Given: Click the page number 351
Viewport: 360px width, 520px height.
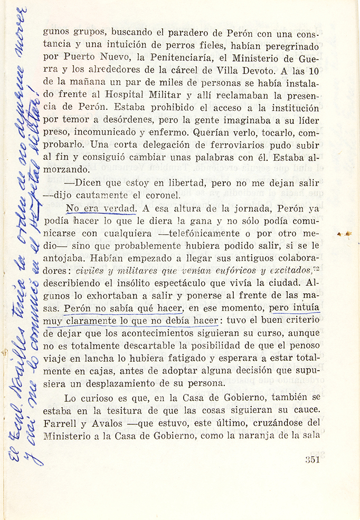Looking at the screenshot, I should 313,459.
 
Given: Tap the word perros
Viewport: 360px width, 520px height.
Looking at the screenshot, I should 186,45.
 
